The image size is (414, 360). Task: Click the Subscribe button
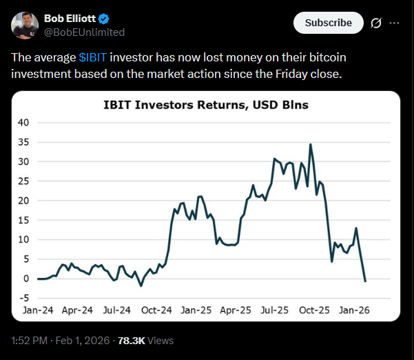point(328,23)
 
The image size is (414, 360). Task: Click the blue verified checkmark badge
point(104,18)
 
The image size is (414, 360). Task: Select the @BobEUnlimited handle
point(84,32)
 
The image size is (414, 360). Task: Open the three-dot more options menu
point(394,23)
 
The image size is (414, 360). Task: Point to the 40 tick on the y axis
point(24,123)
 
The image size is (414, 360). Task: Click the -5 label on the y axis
point(24,299)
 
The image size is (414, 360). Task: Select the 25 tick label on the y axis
point(24,181)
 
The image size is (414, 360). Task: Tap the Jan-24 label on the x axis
point(39,310)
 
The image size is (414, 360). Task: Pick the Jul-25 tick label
point(273,310)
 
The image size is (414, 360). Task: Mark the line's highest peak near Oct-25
point(311,144)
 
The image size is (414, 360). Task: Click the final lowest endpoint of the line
point(364,281)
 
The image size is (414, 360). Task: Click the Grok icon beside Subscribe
point(376,23)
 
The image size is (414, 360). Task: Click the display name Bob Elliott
point(71,18)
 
